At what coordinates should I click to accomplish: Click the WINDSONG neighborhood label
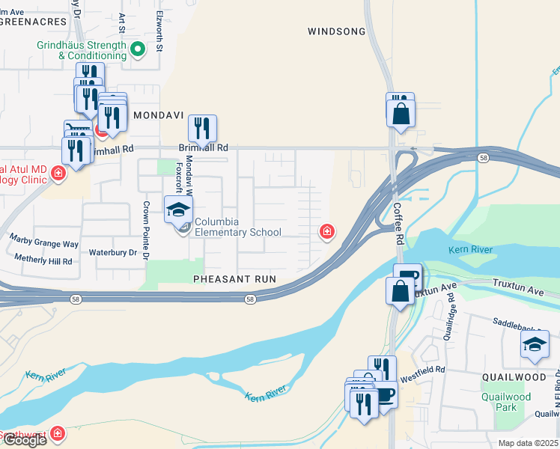point(336,31)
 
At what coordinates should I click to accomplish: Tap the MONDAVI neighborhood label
point(158,117)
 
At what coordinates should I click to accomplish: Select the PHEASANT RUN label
point(234,279)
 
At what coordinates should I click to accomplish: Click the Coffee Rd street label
point(400,224)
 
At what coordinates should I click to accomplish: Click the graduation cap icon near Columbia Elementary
point(178,210)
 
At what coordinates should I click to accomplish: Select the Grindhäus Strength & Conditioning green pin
point(138,50)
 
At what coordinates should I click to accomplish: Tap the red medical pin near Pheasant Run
point(326,232)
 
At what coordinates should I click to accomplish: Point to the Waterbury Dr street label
point(113,253)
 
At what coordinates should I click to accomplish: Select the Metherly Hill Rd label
point(43,261)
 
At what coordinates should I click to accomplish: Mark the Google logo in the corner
point(24,440)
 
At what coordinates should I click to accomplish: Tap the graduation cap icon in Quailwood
point(535,343)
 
